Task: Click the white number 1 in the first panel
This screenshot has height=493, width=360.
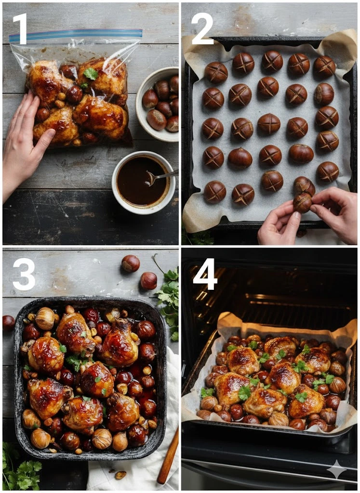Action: click(21, 29)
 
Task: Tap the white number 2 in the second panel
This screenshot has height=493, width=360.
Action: click(202, 28)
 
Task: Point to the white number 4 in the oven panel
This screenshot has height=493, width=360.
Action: click(205, 274)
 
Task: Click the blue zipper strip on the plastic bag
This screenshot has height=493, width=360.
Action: click(76, 35)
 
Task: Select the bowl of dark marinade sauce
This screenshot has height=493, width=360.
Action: click(144, 182)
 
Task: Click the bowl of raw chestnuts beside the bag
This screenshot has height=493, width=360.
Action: click(157, 104)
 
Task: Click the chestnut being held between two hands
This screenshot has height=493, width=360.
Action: click(303, 202)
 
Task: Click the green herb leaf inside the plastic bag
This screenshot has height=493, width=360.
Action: click(91, 74)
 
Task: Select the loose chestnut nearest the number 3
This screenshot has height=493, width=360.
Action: click(131, 263)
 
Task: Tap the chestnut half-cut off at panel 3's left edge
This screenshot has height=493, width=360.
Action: click(8, 323)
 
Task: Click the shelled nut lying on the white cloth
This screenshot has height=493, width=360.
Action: click(120, 475)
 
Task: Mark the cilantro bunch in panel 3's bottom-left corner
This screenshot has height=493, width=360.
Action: click(20, 468)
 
